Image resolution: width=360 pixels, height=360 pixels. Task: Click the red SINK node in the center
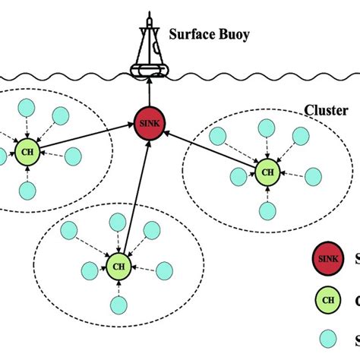pyautogui.click(x=147, y=122)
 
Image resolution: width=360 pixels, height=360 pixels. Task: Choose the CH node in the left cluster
pyautogui.click(x=27, y=149)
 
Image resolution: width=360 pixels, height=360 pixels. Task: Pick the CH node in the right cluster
pyautogui.click(x=267, y=172)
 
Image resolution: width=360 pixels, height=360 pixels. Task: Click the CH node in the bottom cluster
pyautogui.click(x=118, y=266)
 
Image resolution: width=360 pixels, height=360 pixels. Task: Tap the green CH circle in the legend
pyautogui.click(x=325, y=298)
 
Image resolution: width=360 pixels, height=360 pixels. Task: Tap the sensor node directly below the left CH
pyautogui.click(x=27, y=189)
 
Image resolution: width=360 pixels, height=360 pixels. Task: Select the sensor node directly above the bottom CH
pyautogui.click(x=117, y=222)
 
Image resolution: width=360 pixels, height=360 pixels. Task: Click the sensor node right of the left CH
pyautogui.click(x=73, y=156)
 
